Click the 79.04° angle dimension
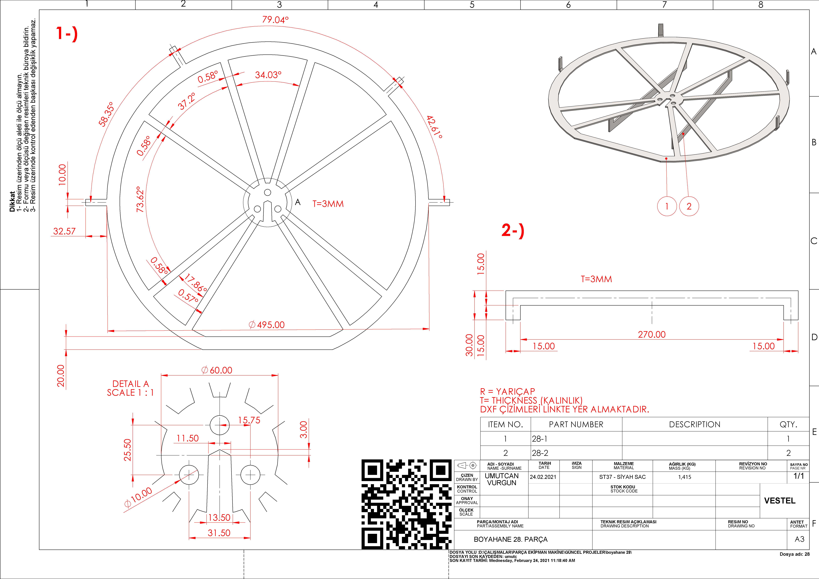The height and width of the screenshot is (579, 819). click(275, 20)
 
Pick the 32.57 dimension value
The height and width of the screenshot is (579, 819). click(65, 231)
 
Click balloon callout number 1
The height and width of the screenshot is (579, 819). click(667, 206)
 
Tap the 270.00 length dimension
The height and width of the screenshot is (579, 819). click(652, 334)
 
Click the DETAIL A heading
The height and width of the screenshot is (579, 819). click(131, 384)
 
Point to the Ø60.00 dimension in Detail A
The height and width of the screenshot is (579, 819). click(217, 370)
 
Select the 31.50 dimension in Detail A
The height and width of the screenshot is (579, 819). click(219, 533)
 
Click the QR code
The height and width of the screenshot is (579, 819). click(407, 504)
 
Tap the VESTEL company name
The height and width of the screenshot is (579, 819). click(780, 501)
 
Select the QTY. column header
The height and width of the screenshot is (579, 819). click(788, 424)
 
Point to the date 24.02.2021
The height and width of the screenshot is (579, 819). click(543, 477)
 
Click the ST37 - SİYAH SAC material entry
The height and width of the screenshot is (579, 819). click(622, 477)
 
